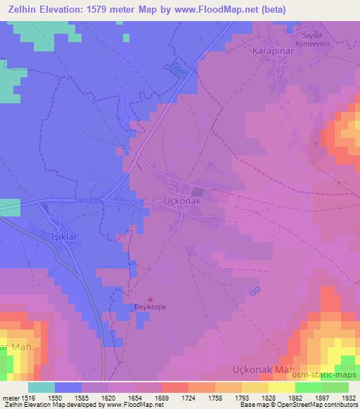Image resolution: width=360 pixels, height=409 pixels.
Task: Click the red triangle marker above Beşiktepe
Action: tap(150, 299)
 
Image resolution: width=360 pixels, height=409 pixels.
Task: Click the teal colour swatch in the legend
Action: tap(41, 387)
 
